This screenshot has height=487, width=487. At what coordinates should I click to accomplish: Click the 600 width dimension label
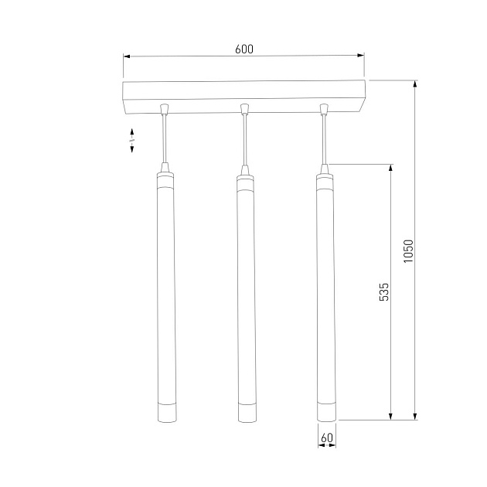(244, 49)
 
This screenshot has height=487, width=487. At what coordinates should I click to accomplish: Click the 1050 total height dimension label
(408, 251)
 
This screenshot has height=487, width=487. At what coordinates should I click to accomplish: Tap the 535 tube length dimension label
(384, 291)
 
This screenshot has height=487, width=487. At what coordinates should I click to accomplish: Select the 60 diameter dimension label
(327, 438)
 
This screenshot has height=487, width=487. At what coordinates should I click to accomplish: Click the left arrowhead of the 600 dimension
(127, 56)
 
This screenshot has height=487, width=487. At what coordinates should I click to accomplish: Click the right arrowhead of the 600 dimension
(360, 56)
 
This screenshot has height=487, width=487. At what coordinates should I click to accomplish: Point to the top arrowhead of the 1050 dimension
(415, 84)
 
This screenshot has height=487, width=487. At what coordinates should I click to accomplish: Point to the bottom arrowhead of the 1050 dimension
(415, 416)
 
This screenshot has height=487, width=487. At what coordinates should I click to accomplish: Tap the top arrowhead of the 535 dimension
(390, 168)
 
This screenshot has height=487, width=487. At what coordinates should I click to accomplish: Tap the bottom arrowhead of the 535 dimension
(390, 416)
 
